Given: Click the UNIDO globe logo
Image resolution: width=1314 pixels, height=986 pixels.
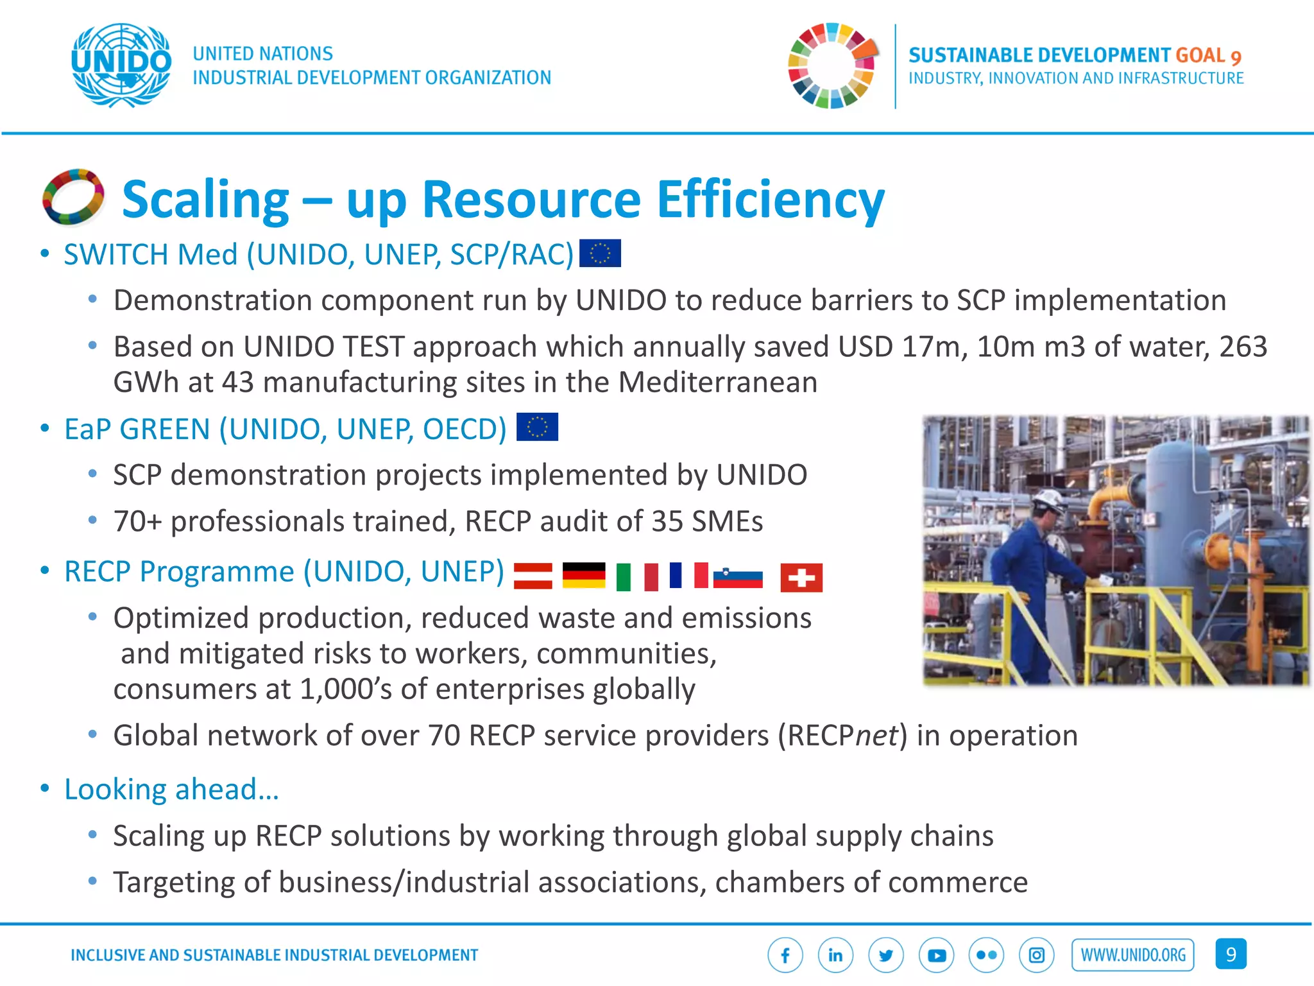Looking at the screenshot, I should (x=121, y=65).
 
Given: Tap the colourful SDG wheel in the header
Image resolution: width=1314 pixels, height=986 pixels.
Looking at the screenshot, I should (x=832, y=65).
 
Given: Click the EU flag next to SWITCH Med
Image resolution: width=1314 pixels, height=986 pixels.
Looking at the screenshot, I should (x=600, y=253).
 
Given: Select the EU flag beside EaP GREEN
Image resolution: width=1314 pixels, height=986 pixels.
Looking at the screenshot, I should (x=537, y=427).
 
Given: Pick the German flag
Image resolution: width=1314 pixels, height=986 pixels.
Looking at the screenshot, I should (x=584, y=575).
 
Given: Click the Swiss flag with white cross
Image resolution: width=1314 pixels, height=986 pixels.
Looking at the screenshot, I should (x=801, y=577).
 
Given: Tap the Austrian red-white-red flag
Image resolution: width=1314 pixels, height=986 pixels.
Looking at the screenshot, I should (x=533, y=575).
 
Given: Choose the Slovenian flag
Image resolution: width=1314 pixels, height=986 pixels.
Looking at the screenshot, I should (x=738, y=577).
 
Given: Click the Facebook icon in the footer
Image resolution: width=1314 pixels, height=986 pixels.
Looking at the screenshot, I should (x=785, y=955).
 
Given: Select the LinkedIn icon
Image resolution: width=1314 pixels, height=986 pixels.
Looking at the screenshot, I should (x=835, y=955).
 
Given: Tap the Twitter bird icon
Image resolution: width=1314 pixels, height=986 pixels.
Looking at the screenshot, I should (x=886, y=955).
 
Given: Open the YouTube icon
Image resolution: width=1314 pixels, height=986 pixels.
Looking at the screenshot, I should (x=936, y=955).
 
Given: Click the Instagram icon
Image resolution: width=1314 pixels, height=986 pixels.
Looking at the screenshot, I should (x=1037, y=955).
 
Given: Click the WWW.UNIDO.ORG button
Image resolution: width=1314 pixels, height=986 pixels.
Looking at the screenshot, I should (x=1133, y=955).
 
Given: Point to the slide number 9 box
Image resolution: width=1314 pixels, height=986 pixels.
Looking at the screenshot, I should (x=1231, y=954).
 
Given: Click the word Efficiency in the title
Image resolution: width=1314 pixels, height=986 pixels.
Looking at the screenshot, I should (x=771, y=200).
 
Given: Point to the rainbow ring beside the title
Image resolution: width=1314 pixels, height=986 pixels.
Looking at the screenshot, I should (x=73, y=197).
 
